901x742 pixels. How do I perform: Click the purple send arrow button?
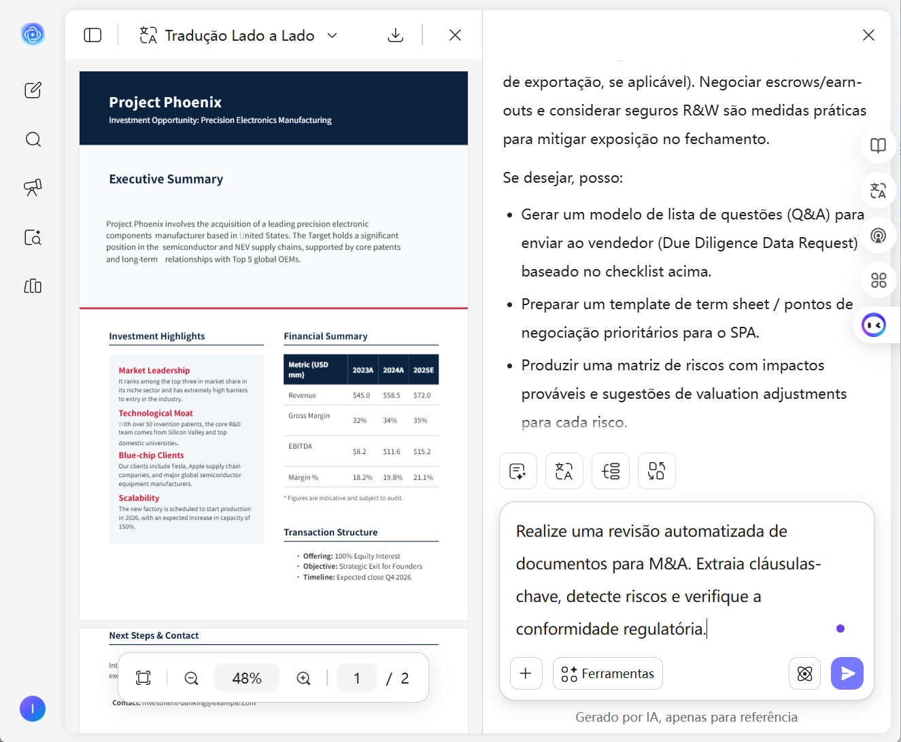pos(847,673)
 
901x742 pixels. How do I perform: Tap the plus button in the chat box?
pos(526,673)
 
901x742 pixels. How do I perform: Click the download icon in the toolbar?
pos(395,35)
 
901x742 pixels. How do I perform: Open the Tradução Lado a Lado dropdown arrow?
pos(333,35)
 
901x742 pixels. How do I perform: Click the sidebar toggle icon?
pos(92,35)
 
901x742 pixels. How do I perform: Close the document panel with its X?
pos(455,35)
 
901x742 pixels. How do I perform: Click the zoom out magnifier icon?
pos(191,678)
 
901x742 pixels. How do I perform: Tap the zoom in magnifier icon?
pos(303,678)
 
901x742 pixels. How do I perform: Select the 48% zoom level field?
pos(246,678)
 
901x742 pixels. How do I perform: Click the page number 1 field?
pos(357,678)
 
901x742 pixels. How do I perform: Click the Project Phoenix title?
pos(165,103)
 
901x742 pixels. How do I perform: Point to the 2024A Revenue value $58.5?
pos(392,395)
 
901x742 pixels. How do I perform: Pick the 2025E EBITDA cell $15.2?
pos(422,452)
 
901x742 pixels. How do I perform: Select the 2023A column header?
pos(362,370)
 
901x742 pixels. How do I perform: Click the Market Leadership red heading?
pos(154,370)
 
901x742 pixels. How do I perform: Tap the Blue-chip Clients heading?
pos(151,455)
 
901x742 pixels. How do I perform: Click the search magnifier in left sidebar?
pos(33,140)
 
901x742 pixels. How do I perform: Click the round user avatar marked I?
pos(33,709)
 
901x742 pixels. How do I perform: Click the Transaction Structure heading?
pos(330,533)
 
